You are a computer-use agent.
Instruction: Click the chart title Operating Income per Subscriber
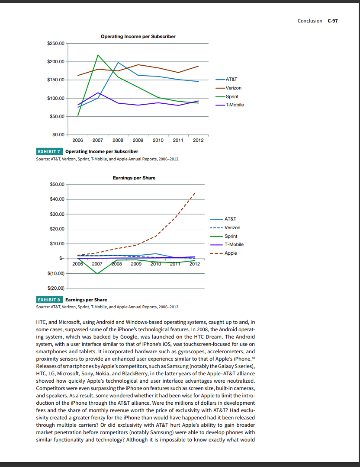click(x=138, y=36)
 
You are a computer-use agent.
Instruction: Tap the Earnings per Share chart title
click(x=134, y=178)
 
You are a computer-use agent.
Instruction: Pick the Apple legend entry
click(x=231, y=253)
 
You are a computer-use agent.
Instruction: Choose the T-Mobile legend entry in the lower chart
click(x=234, y=244)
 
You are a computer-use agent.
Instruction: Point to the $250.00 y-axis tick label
click(x=55, y=44)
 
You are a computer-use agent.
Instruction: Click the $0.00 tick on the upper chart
click(x=58, y=135)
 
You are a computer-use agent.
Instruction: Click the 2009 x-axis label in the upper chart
click(x=138, y=140)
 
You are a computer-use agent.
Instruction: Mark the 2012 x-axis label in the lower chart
click(x=195, y=263)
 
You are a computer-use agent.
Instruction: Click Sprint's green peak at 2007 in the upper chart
click(x=98, y=55)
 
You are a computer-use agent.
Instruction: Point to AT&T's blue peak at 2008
click(x=118, y=63)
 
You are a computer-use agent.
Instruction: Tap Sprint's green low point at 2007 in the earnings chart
click(x=97, y=274)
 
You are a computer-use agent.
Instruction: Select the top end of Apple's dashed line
click(x=195, y=193)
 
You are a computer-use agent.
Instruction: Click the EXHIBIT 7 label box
click(x=49, y=151)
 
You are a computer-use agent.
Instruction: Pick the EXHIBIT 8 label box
click(x=49, y=300)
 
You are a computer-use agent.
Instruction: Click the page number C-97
click(x=332, y=21)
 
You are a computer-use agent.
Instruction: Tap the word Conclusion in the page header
click(x=310, y=21)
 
